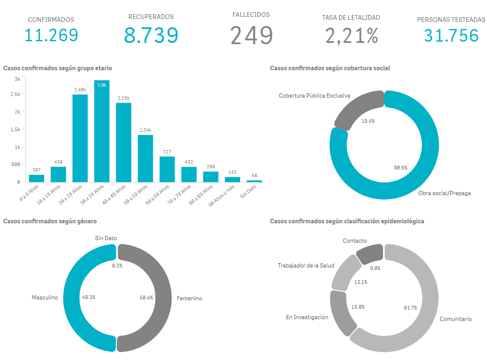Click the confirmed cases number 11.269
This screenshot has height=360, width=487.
[x=51, y=35]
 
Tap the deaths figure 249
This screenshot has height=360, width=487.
[x=252, y=35]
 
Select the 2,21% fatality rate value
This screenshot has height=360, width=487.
[x=351, y=35]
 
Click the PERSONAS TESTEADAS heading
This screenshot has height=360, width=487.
[x=451, y=20]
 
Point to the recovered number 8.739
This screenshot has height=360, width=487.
[x=151, y=35]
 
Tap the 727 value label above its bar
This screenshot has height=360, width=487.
[x=167, y=152]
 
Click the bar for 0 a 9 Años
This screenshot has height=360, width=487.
[x=37, y=178]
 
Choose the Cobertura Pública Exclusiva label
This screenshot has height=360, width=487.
[x=314, y=96]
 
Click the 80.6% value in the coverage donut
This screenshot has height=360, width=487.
[x=400, y=167]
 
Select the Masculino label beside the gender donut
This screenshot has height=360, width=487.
[x=45, y=298]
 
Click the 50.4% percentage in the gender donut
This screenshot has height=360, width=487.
[x=146, y=297]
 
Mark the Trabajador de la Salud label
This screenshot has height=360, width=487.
[x=306, y=266]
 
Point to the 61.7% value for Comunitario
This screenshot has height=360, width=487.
[x=410, y=308]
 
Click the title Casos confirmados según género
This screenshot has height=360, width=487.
[x=50, y=221]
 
